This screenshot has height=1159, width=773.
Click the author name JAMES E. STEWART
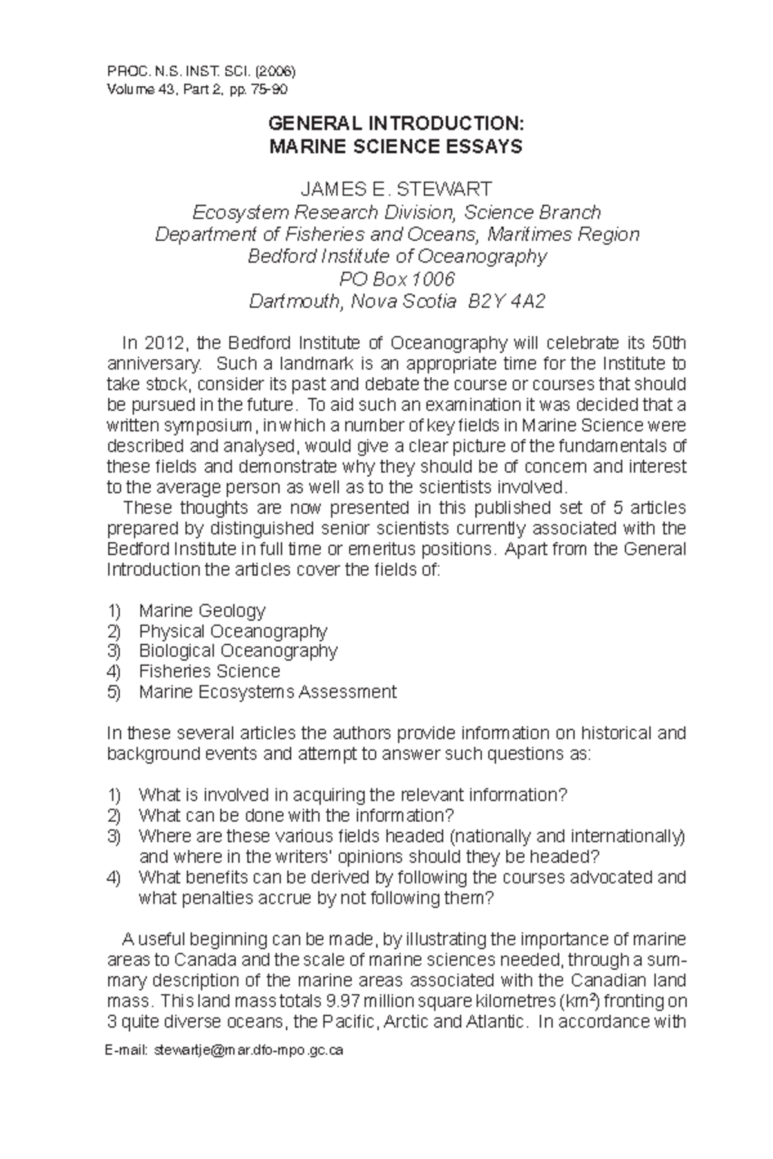tap(396, 189)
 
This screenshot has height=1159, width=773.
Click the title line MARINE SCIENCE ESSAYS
tap(396, 147)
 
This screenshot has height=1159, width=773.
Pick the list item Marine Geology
tap(202, 610)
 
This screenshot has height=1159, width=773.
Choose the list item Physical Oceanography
tap(233, 630)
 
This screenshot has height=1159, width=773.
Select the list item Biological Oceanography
tap(238, 651)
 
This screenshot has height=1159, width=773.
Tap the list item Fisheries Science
tap(209, 672)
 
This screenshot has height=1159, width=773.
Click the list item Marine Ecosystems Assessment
tap(267, 692)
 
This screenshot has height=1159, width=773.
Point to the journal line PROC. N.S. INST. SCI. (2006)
tap(200, 68)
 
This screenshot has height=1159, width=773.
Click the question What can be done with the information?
tap(296, 815)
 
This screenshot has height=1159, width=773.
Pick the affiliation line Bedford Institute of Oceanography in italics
tap(397, 256)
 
